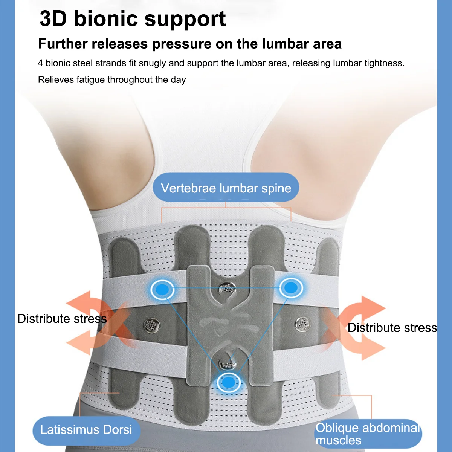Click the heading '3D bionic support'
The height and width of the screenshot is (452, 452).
pyautogui.click(x=133, y=19)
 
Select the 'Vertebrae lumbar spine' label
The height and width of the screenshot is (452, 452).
pyautogui.click(x=226, y=188)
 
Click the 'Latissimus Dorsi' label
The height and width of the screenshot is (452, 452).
pyautogui.click(x=86, y=429)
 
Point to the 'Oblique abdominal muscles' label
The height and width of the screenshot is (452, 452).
pyautogui.click(x=368, y=434)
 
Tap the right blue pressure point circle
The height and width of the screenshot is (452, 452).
pyautogui.click(x=290, y=288)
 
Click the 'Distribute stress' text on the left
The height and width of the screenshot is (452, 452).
pyautogui.click(x=62, y=319)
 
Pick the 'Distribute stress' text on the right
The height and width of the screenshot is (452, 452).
pyautogui.click(x=392, y=328)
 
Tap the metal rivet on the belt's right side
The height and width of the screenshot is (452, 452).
pyautogui.click(x=302, y=323)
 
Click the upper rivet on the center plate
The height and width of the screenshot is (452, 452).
pyautogui.click(x=227, y=289)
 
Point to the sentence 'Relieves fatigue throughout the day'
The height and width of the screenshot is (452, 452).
pyautogui.click(x=112, y=80)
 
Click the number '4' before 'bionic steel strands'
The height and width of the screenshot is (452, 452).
pyautogui.click(x=40, y=63)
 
